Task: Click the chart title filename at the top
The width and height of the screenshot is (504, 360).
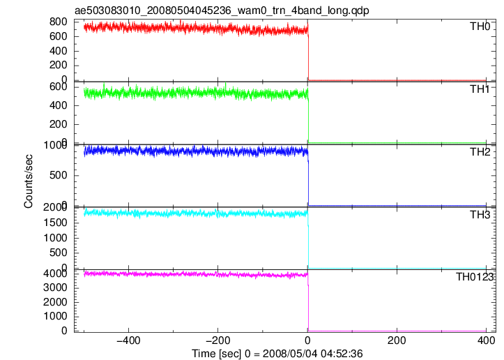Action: [x=222, y=10]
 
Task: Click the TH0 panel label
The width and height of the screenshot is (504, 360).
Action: [x=480, y=26]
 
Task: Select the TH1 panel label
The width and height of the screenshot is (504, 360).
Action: [x=480, y=89]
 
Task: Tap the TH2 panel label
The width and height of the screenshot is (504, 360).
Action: [x=480, y=151]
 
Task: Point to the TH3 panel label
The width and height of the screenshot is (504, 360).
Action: [x=480, y=214]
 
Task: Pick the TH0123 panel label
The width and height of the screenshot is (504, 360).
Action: [x=475, y=277]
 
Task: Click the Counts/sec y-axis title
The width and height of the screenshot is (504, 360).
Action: [x=29, y=181]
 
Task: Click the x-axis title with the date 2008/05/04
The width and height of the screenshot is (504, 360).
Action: [x=277, y=354]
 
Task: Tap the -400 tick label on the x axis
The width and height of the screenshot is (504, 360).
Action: [x=128, y=340]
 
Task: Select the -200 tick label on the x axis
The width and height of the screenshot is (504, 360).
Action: [x=217, y=340]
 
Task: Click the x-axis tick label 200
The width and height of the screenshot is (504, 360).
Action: [x=397, y=340]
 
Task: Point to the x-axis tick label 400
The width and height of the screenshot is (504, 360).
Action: [x=486, y=340]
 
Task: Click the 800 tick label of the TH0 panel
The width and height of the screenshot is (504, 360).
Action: [x=58, y=22]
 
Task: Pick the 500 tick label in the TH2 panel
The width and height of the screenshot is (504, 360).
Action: [x=58, y=175]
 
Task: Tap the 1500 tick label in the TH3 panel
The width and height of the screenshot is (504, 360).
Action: [x=55, y=223]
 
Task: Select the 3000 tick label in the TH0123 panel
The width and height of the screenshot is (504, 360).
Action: [x=55, y=287]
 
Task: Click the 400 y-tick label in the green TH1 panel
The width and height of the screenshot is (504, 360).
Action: [x=58, y=105]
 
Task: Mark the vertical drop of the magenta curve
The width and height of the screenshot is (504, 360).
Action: [x=308, y=302]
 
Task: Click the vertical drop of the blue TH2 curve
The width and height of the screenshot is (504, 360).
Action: [x=308, y=179]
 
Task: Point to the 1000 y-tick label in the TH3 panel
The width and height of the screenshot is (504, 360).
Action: [x=55, y=238]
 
